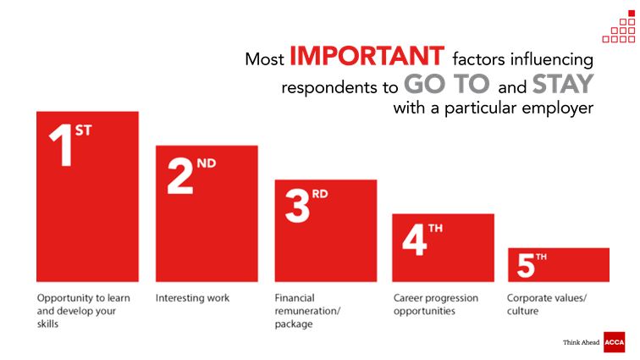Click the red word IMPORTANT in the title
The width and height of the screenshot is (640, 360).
point(367,56)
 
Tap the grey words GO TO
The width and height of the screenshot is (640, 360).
point(446,84)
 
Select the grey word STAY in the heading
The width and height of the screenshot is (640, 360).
point(563,84)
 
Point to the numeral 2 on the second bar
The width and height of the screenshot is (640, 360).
point(180,175)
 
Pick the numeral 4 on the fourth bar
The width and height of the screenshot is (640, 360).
point(414,241)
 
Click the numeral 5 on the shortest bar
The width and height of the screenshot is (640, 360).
point(526,265)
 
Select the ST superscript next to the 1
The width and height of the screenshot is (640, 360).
point(83,130)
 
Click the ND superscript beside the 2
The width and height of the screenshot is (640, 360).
point(206,163)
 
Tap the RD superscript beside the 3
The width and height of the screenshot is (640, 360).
point(320,194)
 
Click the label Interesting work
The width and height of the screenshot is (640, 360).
point(192,298)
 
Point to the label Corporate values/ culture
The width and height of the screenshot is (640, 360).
point(547,304)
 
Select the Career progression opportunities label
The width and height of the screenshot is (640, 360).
point(435,304)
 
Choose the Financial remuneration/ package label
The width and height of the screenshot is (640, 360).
point(307,311)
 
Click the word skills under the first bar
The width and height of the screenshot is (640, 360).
point(47,324)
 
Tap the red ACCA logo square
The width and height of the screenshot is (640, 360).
point(615,342)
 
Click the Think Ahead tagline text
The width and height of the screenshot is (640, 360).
point(581,342)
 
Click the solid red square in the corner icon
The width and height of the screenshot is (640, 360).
point(632,14)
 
